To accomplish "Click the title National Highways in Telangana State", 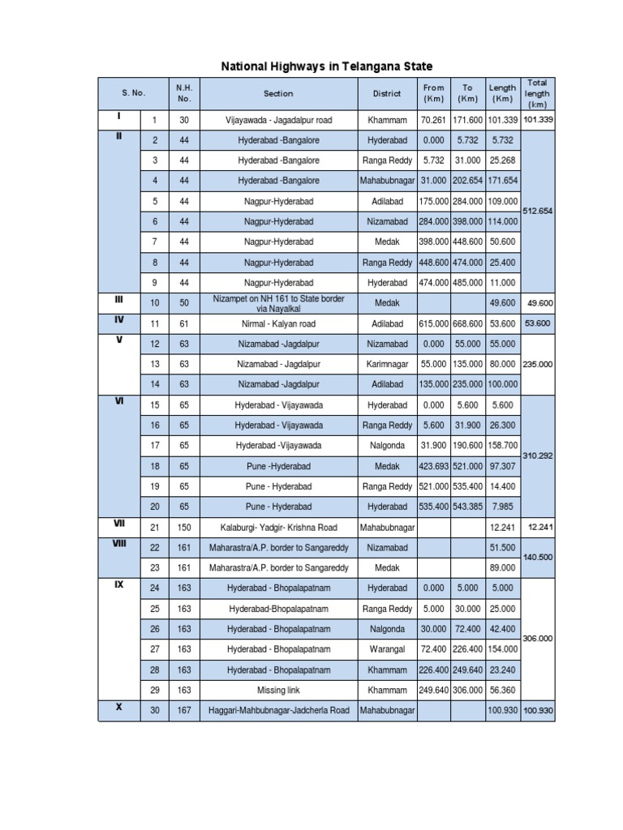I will (328, 66).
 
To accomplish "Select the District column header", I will (387, 93).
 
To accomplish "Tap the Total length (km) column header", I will (537, 93).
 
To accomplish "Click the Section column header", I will (278, 93).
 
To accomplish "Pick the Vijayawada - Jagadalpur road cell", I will (278, 120).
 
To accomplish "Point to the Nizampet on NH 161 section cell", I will (278, 303).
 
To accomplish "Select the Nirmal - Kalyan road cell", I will (278, 323).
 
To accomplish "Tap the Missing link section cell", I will (278, 690).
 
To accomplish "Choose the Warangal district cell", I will (387, 649).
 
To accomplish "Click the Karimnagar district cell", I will (387, 364).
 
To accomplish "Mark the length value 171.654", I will (503, 181).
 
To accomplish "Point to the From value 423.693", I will (434, 466).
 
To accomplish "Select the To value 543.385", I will (468, 507).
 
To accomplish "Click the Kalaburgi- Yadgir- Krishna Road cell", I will (278, 528).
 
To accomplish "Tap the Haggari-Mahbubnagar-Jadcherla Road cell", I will (278, 711).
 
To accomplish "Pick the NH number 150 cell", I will (184, 528).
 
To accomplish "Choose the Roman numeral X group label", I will (119, 706).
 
